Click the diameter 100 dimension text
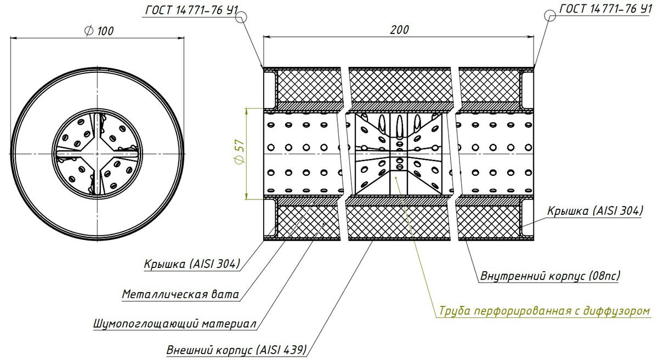[x=99, y=31]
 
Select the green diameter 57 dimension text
[x=237, y=153]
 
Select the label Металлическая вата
[x=180, y=294]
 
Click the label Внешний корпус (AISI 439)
[x=236, y=350]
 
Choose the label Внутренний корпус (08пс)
[x=550, y=276]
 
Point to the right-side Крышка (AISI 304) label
[x=594, y=212]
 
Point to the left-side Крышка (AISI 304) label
[x=192, y=264]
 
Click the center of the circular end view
[x=97, y=153]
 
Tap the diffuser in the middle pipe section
[x=398, y=153]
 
